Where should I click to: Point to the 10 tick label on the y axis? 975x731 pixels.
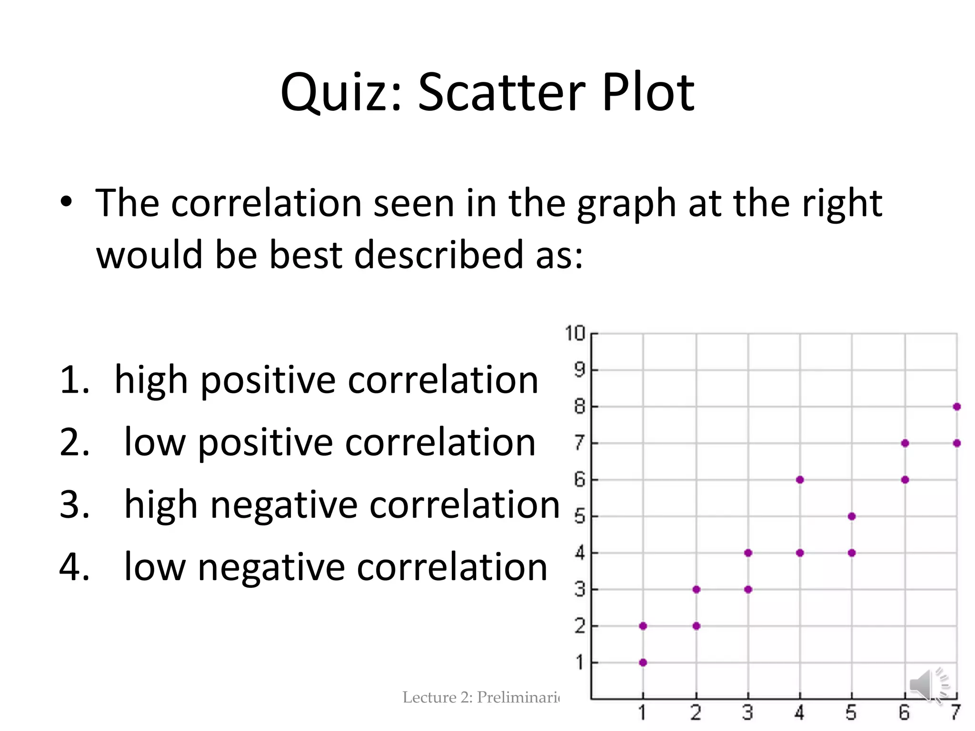coord(575,333)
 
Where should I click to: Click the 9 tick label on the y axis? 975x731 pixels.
coord(579,369)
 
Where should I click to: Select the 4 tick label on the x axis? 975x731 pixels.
coord(799,713)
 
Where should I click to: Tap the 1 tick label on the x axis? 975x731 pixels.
coord(642,713)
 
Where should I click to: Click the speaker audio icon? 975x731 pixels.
coord(928,686)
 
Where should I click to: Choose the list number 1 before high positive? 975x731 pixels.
coord(74,380)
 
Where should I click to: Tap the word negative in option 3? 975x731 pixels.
coord(284,505)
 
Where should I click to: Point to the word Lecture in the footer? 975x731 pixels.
coord(429,697)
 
